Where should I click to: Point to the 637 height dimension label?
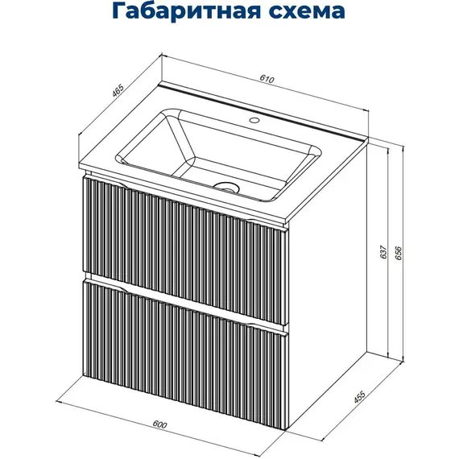tap(384, 253)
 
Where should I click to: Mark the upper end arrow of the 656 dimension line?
tap(399, 148)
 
